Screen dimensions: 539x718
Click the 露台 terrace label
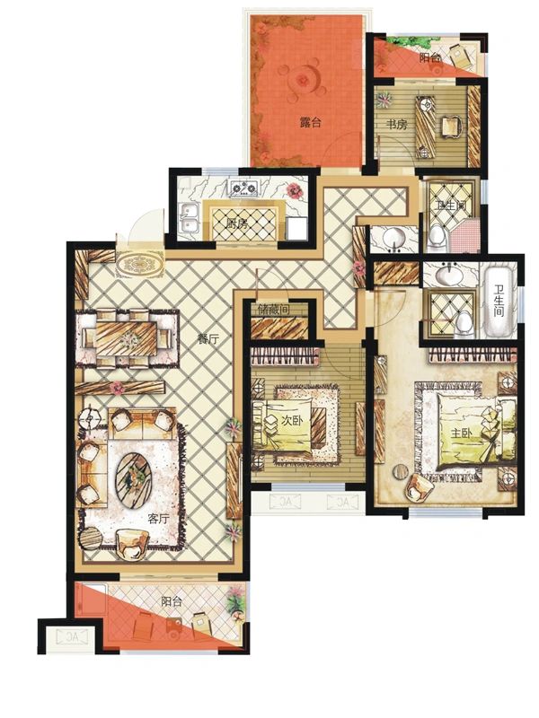(310, 123)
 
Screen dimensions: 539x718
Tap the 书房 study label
(396, 124)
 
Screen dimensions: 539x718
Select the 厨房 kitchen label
(237, 223)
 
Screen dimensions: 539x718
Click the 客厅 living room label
(159, 519)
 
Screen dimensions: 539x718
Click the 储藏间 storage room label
(274, 310)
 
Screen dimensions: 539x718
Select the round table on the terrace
(303, 79)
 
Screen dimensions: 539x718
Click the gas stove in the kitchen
(244, 188)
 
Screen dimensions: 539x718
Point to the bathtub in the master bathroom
(499, 302)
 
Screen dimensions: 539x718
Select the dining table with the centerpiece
(127, 338)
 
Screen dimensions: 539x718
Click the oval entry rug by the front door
(140, 265)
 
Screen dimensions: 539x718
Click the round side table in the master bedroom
(402, 470)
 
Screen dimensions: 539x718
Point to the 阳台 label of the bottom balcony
(172, 601)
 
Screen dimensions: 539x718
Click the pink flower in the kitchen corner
(295, 190)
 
